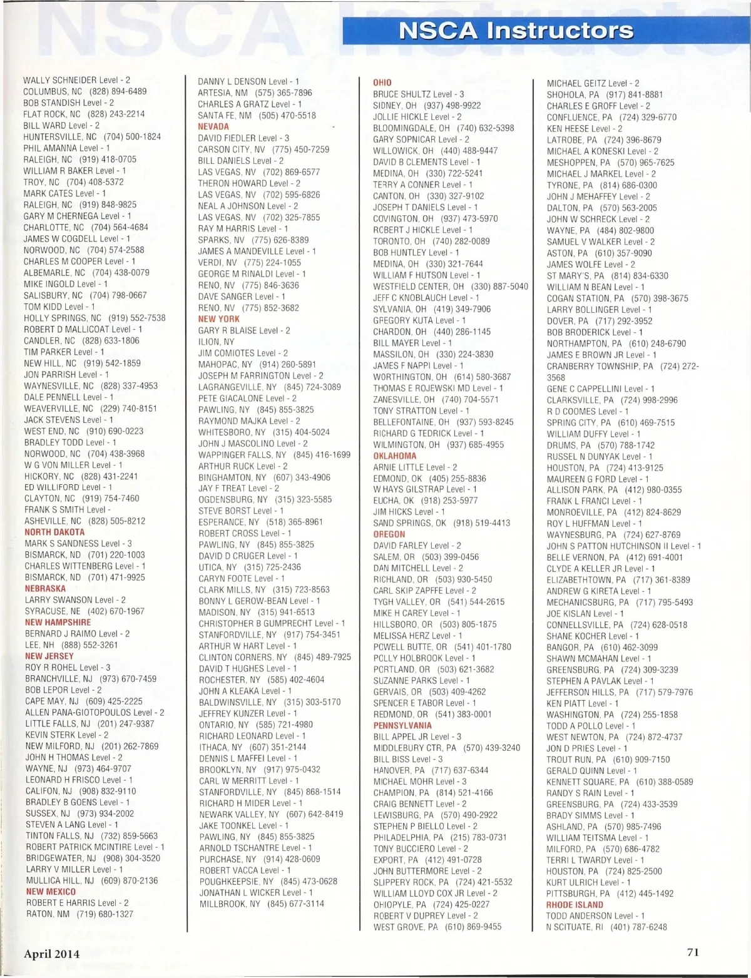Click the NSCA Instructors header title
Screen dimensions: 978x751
pos(516,31)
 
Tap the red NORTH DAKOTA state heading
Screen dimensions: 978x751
pos(54,532)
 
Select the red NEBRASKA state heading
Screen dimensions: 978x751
pos(45,589)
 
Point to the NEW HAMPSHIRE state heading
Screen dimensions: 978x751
pos(58,623)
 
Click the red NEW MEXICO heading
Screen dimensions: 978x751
pos(51,892)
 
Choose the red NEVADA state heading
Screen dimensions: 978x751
pos(213,126)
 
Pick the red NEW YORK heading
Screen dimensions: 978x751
pos(219,319)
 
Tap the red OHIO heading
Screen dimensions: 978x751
pos(382,83)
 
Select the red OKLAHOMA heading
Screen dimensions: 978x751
pos(395,456)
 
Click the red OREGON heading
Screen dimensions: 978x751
pos(389,534)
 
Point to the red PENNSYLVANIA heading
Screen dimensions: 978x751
pos(402,726)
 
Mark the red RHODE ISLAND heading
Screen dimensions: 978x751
pos(575,905)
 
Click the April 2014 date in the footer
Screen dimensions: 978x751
pos(52,954)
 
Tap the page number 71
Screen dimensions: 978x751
pos(693,952)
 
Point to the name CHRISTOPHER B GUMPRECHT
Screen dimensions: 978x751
pos(255,624)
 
